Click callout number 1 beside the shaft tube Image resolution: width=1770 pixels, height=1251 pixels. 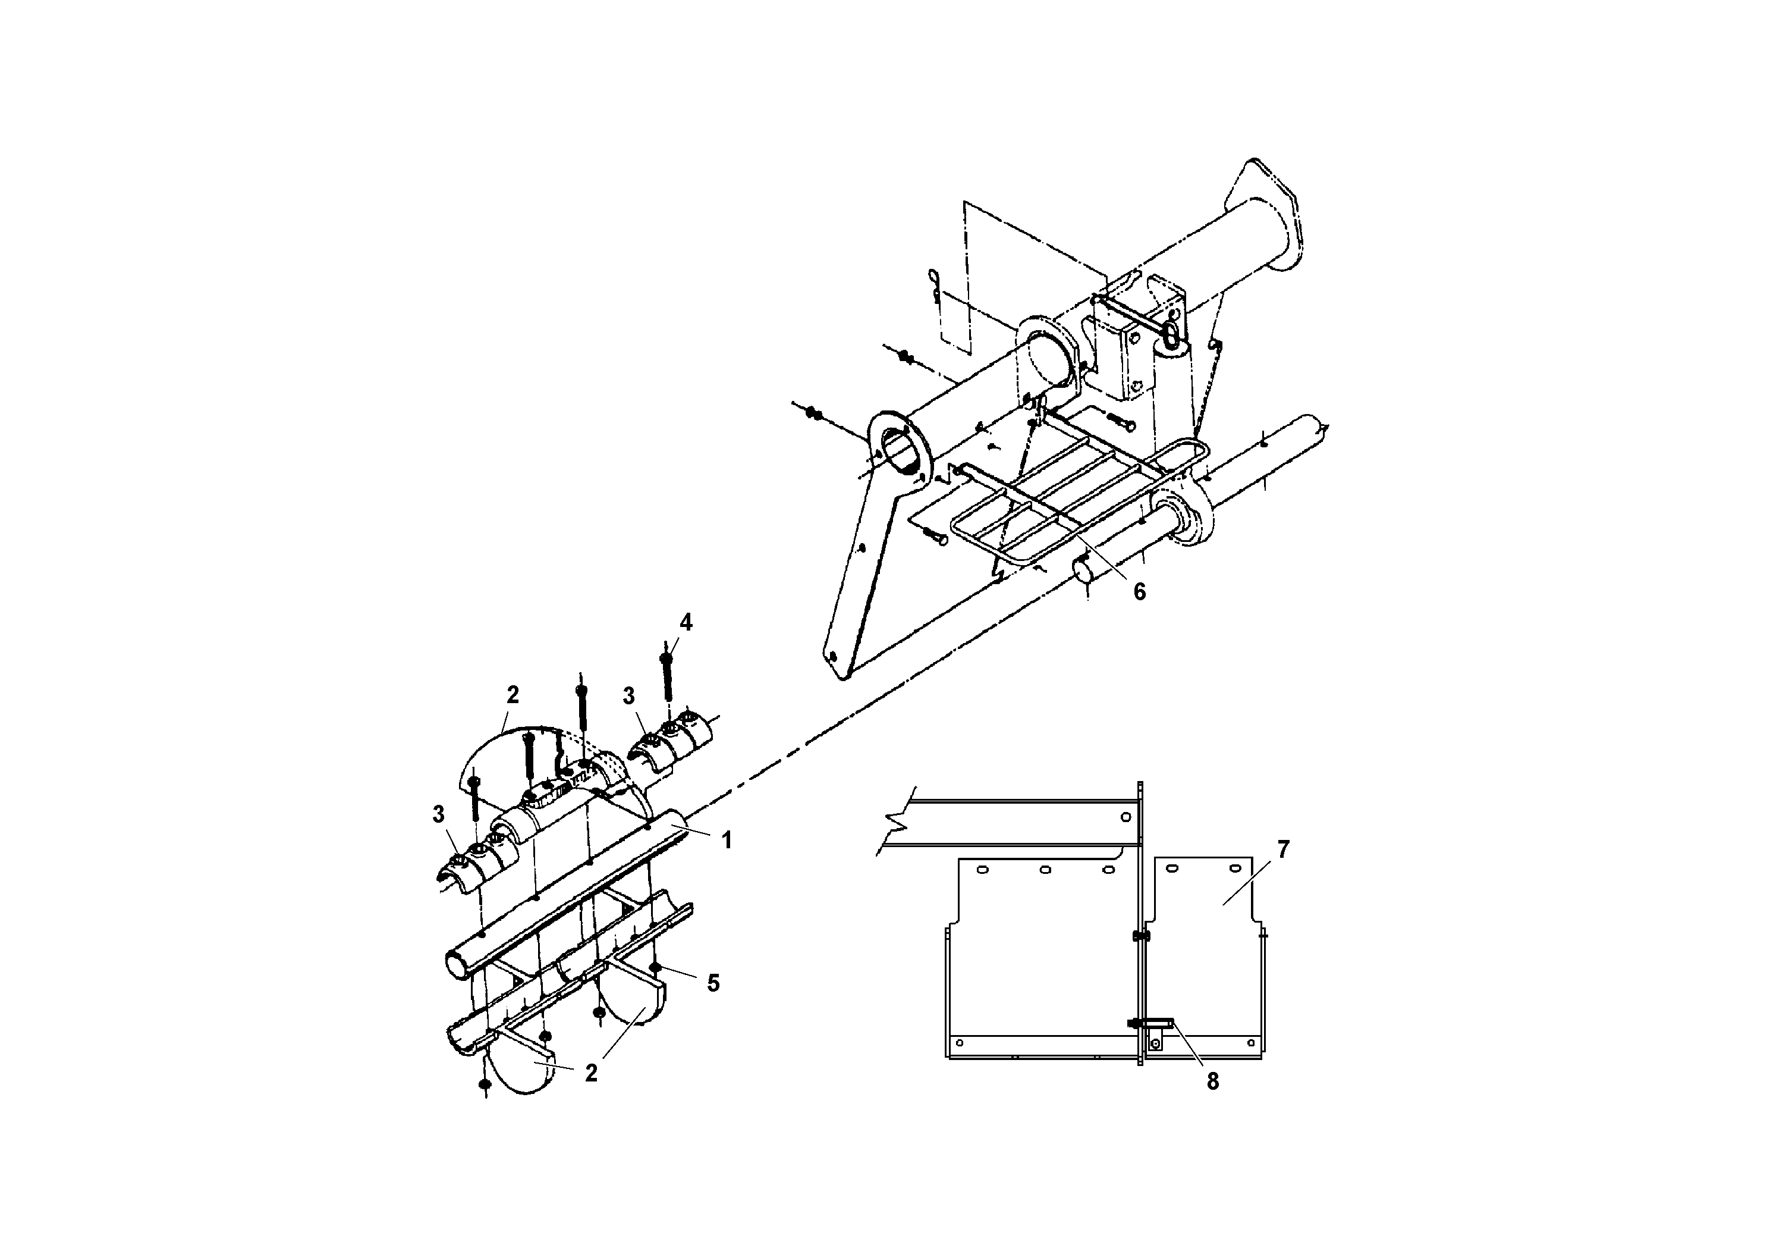tap(726, 841)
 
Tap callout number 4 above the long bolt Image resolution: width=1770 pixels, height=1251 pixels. tap(686, 622)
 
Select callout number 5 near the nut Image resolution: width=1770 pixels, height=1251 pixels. tap(713, 983)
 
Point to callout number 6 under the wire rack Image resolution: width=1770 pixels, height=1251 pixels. tap(1139, 591)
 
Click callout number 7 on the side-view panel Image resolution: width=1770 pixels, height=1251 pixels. tap(1283, 850)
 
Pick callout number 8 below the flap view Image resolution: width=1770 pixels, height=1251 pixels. tap(1213, 1082)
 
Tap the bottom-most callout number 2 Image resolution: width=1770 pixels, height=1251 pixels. tap(590, 1073)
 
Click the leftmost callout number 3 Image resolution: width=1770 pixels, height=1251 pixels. tap(438, 814)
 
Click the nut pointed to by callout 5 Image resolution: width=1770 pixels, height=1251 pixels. tap(655, 968)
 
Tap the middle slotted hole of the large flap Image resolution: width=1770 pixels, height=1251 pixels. tap(1045, 870)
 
